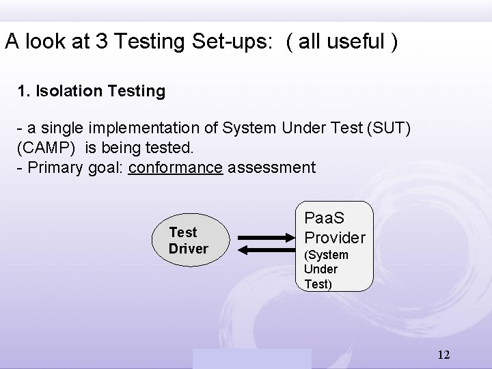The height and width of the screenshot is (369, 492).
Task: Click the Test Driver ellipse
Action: click(x=188, y=241)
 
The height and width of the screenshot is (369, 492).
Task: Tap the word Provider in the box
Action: click(x=335, y=238)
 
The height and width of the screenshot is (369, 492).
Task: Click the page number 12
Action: click(x=443, y=355)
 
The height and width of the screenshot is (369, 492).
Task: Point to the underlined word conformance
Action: click(x=176, y=167)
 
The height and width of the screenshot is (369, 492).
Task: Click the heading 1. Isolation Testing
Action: click(x=92, y=91)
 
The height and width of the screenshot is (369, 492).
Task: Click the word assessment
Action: click(x=272, y=167)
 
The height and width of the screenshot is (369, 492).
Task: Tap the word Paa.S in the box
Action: click(x=325, y=219)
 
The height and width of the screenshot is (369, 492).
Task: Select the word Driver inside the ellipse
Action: click(x=188, y=249)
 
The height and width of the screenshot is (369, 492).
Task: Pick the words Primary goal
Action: click(x=68, y=167)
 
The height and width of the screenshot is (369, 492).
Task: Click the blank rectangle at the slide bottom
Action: click(x=251, y=358)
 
